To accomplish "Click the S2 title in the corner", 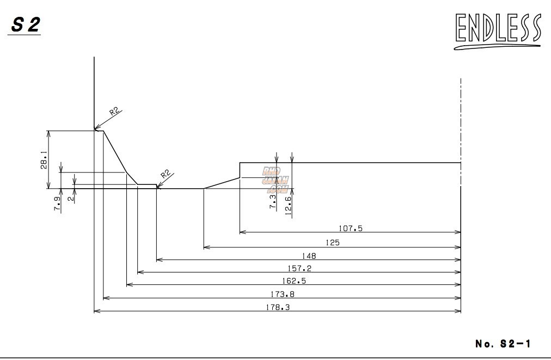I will click(25, 25).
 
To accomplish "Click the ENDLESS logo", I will click(498, 30).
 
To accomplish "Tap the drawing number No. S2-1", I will click(503, 344).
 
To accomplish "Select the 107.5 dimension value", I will click(351, 228).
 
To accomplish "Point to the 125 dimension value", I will click(333, 243).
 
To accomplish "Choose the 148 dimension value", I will click(308, 256).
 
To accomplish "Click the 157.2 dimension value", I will click(299, 268).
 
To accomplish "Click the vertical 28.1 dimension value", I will click(44, 160).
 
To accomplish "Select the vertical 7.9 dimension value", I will click(57, 203).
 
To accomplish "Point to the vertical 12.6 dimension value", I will click(287, 206).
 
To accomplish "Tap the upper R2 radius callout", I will click(114, 111).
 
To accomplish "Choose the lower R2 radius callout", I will click(166, 175).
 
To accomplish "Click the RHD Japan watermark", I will click(275, 180).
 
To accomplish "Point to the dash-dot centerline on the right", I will click(461, 120).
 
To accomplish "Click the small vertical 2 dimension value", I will click(70, 198).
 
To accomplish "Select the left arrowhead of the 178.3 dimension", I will click(96, 311).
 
